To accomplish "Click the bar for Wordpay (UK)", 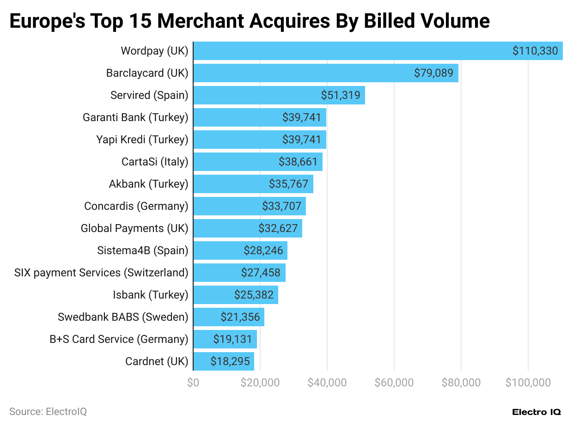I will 351,51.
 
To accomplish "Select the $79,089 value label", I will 433,73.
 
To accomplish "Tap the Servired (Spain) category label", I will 149,95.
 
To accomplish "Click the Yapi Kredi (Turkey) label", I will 142,140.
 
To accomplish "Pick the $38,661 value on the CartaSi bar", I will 298,162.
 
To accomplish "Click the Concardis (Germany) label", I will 136,206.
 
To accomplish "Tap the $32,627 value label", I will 278,228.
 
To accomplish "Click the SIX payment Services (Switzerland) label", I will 101,273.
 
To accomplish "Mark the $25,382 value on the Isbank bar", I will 254,295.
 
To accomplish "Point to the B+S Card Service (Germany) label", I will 119,339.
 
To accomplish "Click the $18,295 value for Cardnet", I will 230,361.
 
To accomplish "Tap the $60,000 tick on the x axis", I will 394,383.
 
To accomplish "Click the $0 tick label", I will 193,383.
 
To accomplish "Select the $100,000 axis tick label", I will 528,383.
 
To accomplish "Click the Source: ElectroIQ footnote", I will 48,411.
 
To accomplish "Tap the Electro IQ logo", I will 536,412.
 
